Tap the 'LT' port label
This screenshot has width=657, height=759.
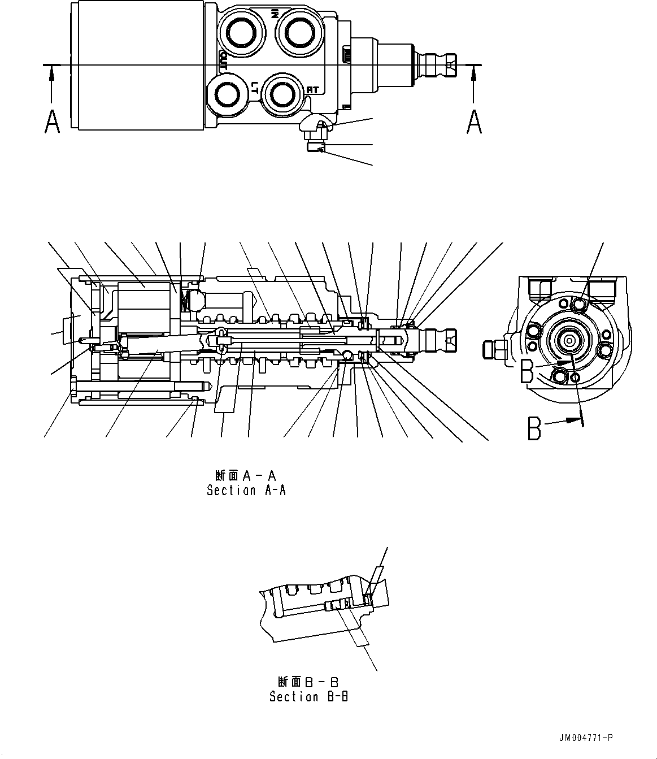click(x=255, y=86)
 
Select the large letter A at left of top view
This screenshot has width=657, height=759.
click(x=52, y=122)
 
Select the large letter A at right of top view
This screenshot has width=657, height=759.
click(x=474, y=122)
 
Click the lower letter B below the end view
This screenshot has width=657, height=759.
click(x=534, y=428)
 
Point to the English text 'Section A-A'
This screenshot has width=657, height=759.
click(x=246, y=491)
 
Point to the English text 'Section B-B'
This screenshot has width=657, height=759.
click(x=308, y=697)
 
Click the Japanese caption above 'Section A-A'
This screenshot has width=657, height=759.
click(x=246, y=475)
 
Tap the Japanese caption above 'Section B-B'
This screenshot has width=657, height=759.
click(x=308, y=682)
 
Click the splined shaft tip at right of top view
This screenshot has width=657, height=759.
click(x=444, y=65)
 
